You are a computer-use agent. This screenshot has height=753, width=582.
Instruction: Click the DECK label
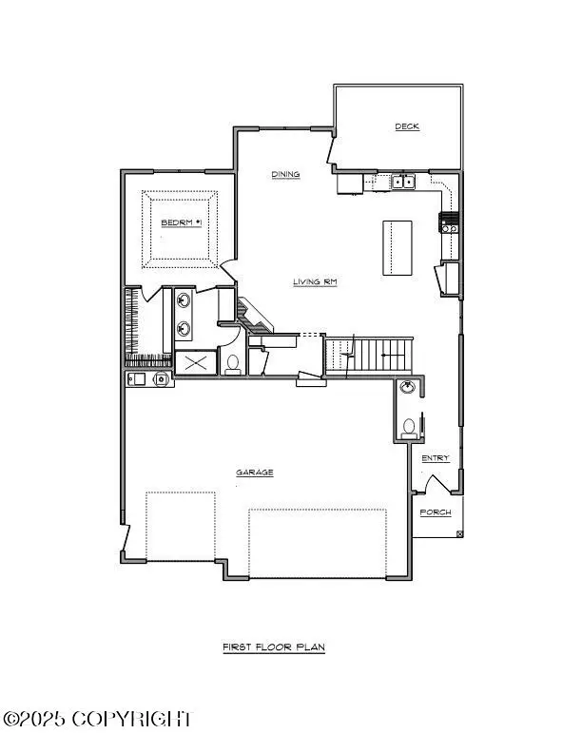coord(407,126)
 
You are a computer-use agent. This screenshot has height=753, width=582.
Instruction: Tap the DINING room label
coord(285,174)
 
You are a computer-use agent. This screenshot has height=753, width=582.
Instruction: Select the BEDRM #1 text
coord(181,222)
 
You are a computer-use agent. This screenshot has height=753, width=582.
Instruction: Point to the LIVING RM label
coord(315,281)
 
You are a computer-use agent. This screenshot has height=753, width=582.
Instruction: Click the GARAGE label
coord(255,473)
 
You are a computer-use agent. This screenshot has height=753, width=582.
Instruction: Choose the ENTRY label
coord(436,458)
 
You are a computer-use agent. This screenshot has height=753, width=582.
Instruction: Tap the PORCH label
coord(436,512)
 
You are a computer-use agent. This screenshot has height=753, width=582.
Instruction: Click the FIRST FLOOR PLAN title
coord(274,647)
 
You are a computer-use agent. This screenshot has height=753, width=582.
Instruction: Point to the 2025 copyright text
coord(97,719)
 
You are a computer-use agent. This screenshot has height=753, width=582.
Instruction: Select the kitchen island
coord(398,248)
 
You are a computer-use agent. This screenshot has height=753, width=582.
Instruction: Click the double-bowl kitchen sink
coord(403,182)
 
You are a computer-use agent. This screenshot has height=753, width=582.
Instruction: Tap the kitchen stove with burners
coord(449,222)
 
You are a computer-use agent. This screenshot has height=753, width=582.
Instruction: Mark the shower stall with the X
coord(196,362)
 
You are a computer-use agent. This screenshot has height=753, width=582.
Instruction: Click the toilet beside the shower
coord(233,364)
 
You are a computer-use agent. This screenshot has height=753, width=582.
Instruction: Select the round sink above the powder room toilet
coord(408,387)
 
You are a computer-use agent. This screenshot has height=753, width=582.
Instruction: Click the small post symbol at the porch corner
coord(459,533)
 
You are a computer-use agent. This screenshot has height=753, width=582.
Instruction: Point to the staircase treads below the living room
coord(369,355)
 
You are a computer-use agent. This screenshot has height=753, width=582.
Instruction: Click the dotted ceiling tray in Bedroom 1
coord(180,229)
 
